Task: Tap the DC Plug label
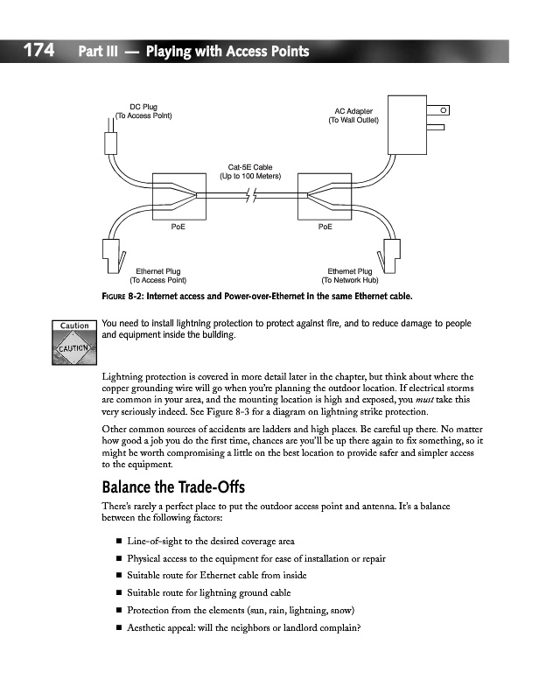point(143,111)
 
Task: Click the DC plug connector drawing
point(110,143)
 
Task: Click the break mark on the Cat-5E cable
point(251,197)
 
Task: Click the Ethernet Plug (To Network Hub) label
point(350,276)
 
